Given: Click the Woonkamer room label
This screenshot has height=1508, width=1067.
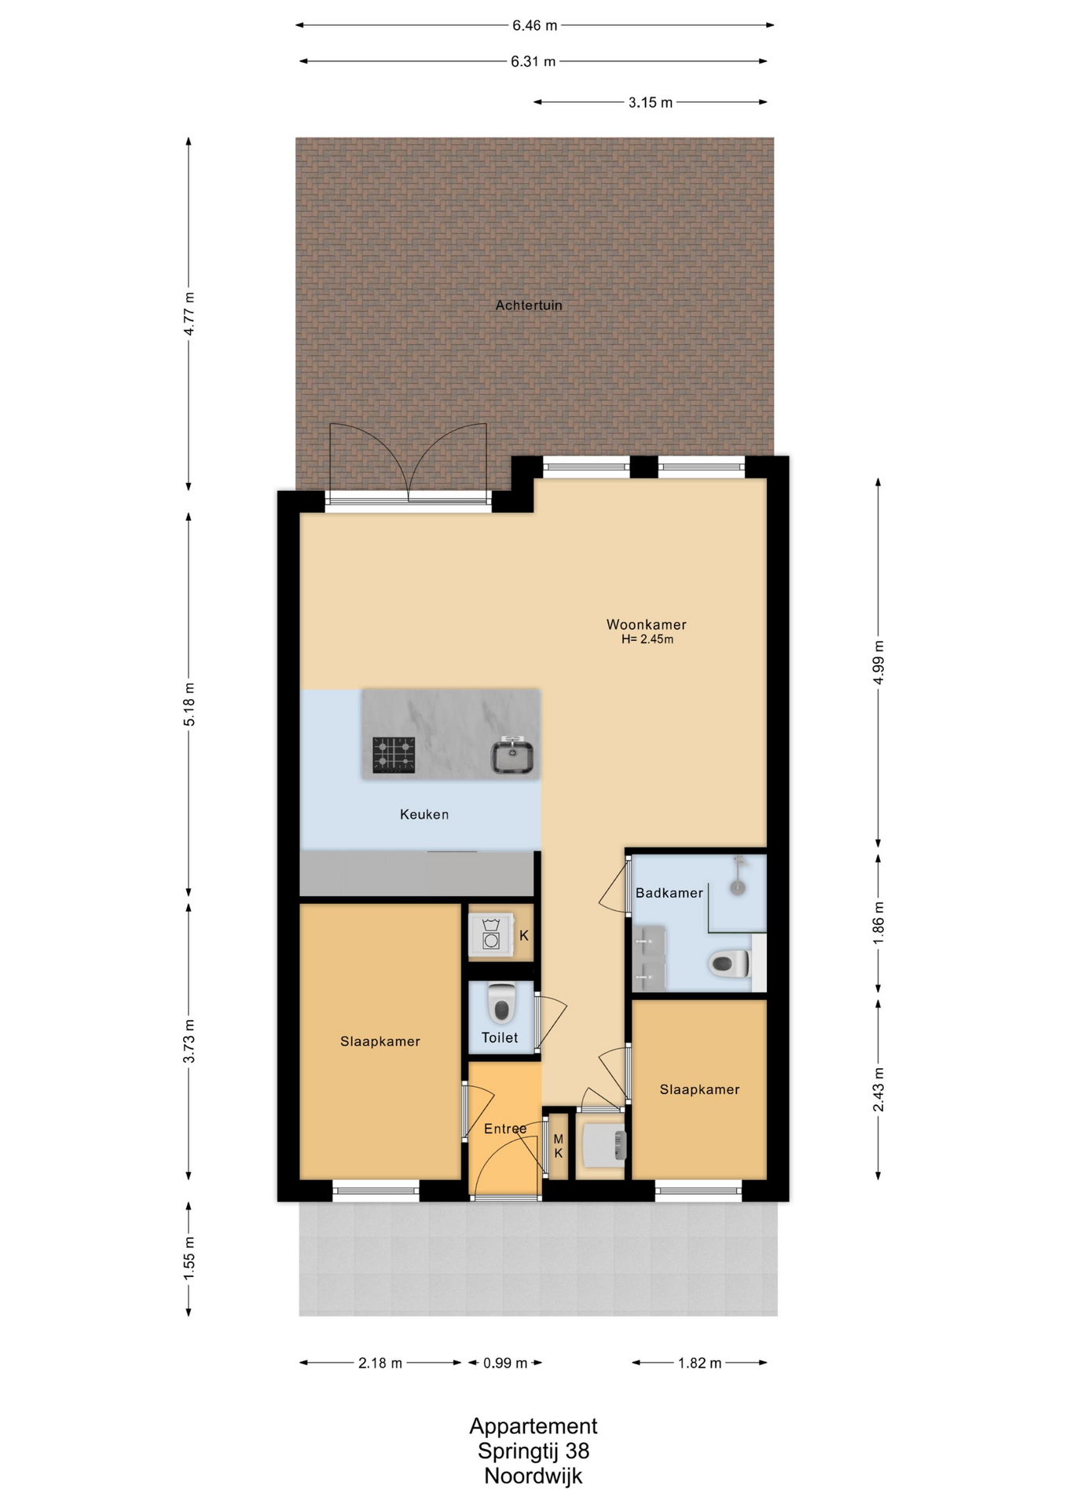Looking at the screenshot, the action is (x=646, y=624).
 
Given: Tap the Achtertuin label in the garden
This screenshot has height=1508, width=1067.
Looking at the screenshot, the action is (x=529, y=305).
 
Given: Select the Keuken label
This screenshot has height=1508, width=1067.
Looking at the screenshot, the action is (x=424, y=814).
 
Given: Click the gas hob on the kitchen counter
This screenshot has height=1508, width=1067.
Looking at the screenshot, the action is (x=394, y=755).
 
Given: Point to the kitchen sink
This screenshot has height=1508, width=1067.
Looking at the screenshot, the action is (x=512, y=756).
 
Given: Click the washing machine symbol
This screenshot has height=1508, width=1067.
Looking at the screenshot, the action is (x=491, y=935).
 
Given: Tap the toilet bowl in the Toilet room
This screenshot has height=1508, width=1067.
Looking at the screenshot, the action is (x=501, y=1003).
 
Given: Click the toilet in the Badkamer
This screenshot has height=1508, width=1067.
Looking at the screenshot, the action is (x=730, y=964).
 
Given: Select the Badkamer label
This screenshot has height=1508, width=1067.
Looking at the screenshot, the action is (x=669, y=893).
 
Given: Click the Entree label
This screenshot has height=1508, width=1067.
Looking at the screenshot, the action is (x=505, y=1129).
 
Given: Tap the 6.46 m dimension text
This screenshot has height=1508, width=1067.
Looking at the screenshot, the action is (x=535, y=25).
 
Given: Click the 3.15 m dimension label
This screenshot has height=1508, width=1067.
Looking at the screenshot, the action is (x=651, y=102).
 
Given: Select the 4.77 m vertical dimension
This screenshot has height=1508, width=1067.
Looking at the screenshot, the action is (x=189, y=313).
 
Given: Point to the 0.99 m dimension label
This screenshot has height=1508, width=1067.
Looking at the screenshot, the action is (x=505, y=1363).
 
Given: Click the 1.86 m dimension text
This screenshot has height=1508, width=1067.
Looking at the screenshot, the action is (x=878, y=923).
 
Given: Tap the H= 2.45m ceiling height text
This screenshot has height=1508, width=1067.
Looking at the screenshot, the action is (x=647, y=639).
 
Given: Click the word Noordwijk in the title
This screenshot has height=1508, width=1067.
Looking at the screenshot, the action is (x=533, y=1476).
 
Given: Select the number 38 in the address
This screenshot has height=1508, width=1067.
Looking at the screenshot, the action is (x=577, y=1451).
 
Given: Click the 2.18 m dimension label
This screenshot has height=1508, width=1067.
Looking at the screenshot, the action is (x=380, y=1363).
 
